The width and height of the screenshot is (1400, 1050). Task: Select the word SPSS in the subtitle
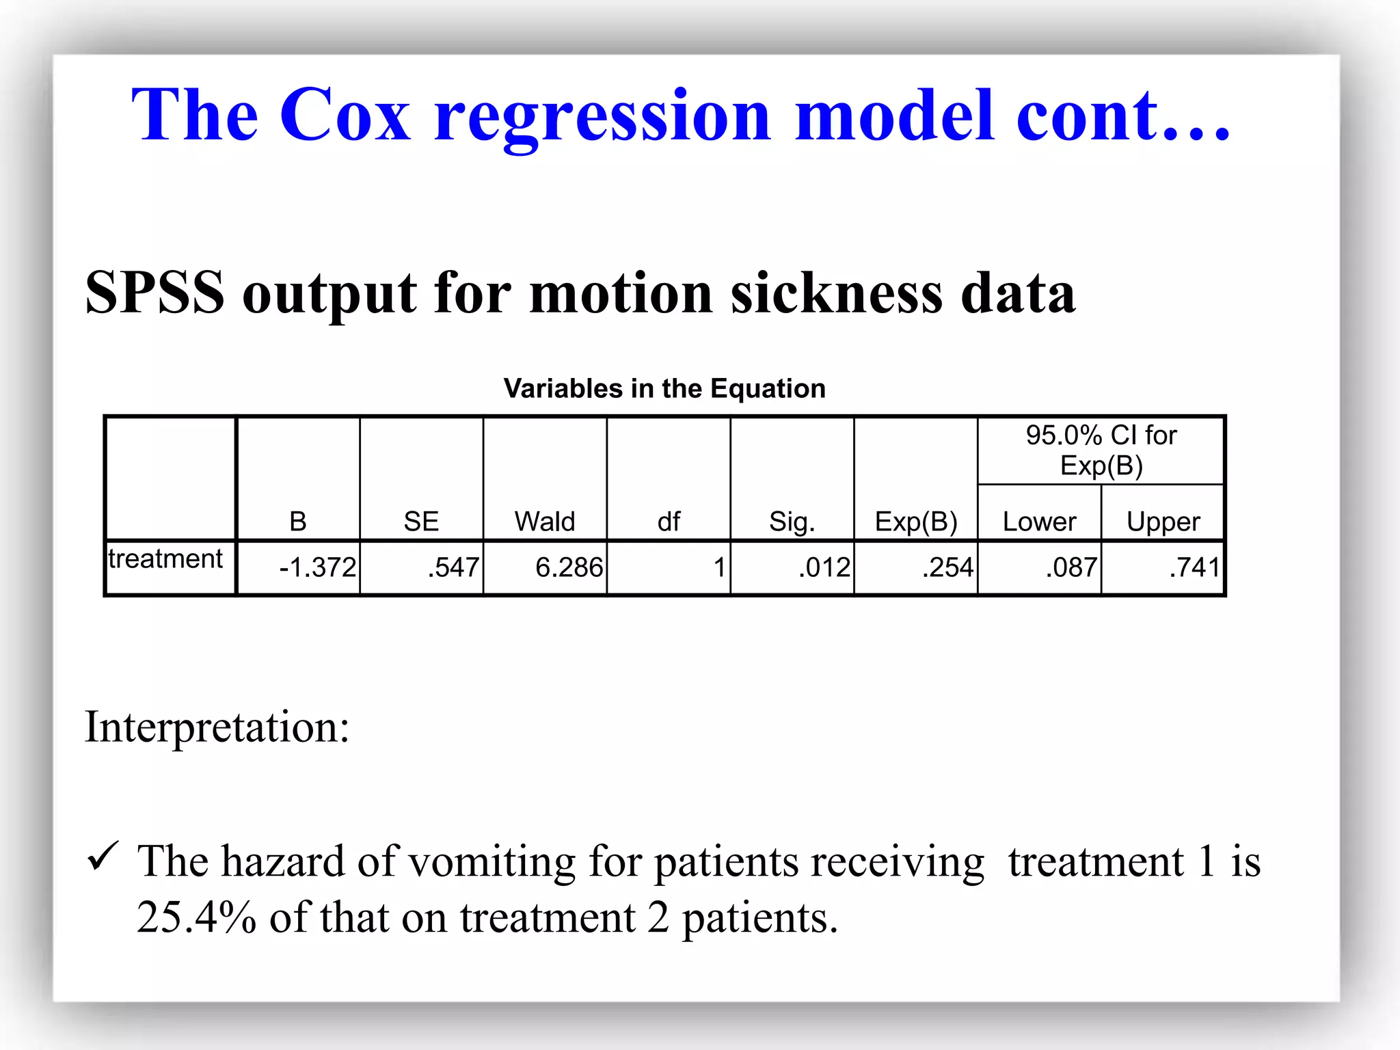click(154, 293)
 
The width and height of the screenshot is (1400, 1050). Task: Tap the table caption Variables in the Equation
click(664, 388)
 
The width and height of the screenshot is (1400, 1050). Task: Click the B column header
click(298, 522)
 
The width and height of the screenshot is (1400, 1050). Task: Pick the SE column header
click(421, 522)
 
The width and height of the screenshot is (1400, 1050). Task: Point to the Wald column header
click(545, 522)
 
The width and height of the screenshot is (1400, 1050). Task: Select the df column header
click(669, 522)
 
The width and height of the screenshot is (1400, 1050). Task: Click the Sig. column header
click(792, 522)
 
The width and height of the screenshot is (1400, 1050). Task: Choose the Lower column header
click(1039, 522)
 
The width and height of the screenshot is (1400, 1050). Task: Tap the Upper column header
click(1163, 522)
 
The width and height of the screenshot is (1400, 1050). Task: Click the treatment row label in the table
click(165, 559)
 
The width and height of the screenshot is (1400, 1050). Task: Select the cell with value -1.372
click(317, 567)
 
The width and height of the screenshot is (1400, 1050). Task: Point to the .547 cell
click(453, 567)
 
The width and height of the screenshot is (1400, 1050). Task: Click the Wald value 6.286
click(569, 567)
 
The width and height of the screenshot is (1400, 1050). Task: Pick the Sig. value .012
click(824, 567)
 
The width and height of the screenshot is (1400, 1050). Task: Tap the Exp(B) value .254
click(947, 567)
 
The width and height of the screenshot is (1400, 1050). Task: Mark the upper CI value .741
click(1194, 567)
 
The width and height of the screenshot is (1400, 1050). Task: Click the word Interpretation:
click(217, 727)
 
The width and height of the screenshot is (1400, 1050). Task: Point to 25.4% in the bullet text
click(196, 917)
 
